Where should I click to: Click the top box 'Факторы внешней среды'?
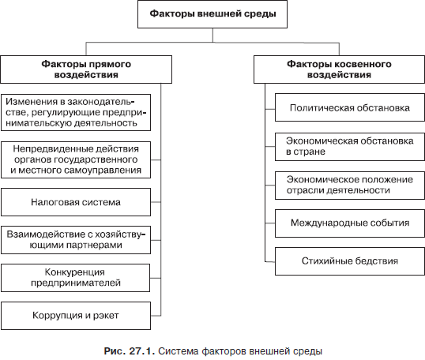pos(212,14)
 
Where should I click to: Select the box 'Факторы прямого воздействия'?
pos(86,69)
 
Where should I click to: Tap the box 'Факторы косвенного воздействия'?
pos(339,69)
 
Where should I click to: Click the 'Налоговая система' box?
pos(76,202)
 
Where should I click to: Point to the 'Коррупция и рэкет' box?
pos(76,316)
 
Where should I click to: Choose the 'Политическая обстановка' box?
pos(350,107)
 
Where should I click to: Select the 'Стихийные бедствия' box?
pos(350,261)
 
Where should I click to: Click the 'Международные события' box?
pos(350,223)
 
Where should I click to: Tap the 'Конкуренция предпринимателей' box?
pos(75,278)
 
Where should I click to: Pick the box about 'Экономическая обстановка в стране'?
pos(350,147)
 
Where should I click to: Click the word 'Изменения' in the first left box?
pos(32,102)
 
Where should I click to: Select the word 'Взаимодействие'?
pos(40,234)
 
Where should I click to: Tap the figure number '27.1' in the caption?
pos(141,351)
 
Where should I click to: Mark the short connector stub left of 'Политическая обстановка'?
pos(270,109)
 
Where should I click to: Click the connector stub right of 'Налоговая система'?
pos(156,202)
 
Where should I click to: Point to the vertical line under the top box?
pos(212,36)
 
